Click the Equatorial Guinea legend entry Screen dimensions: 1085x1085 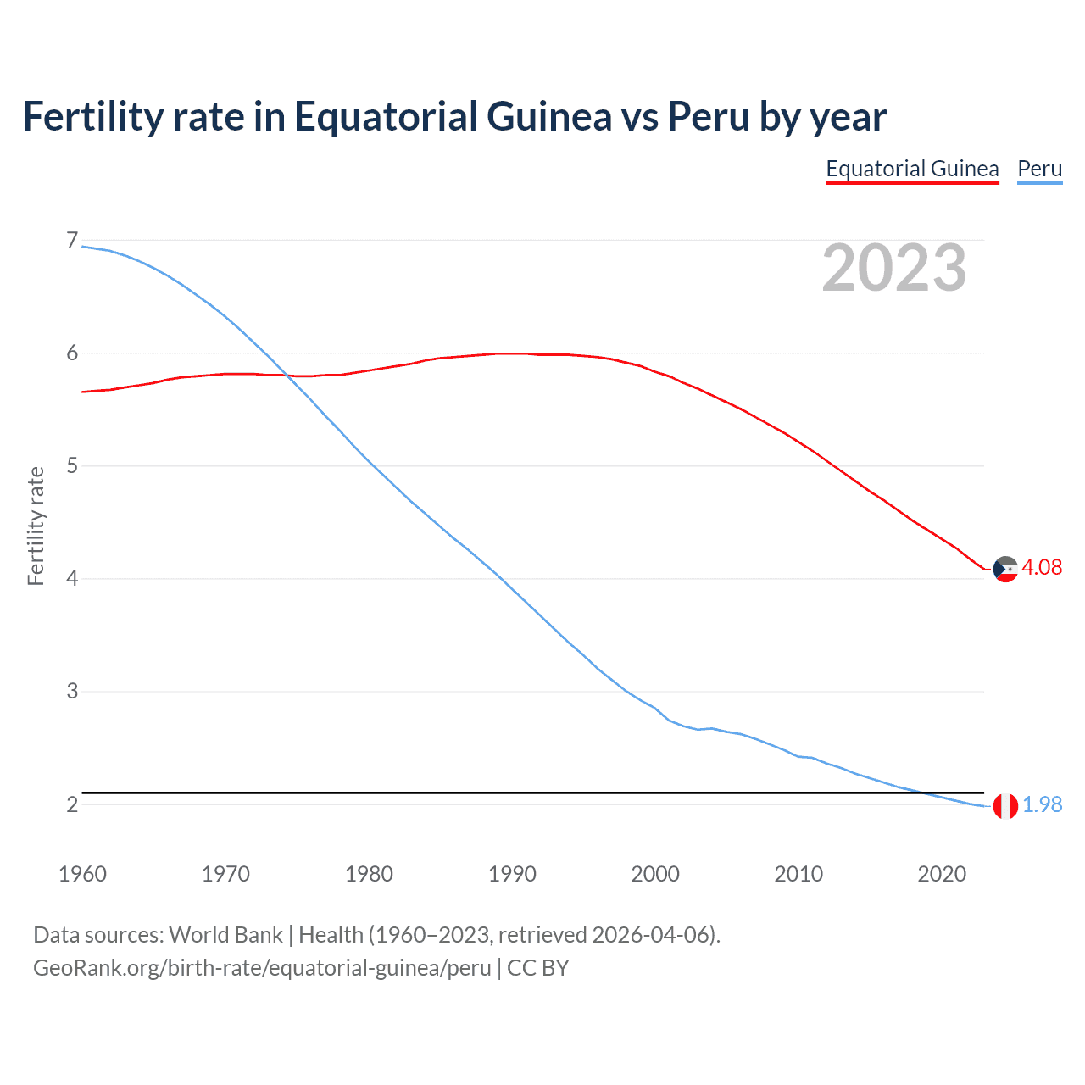(912, 169)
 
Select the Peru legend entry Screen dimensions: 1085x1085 (1039, 169)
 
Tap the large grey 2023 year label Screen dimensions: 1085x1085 (894, 268)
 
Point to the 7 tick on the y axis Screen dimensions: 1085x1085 (72, 241)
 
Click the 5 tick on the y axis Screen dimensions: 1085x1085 (72, 465)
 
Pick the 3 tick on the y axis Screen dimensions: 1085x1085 (72, 691)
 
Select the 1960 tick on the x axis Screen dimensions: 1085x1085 (82, 874)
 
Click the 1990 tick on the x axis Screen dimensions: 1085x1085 (512, 874)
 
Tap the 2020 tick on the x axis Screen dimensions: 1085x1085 (942, 874)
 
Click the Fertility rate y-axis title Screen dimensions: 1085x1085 (36, 526)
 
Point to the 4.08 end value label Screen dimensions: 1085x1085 (1042, 568)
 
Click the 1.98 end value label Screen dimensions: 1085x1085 (1042, 805)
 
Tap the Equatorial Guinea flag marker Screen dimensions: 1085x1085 (1005, 569)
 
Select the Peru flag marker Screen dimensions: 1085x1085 (1005, 806)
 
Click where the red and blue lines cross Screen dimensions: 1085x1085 (287, 375)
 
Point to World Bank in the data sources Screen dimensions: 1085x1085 (225, 935)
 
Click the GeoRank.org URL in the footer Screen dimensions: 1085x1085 (262, 968)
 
